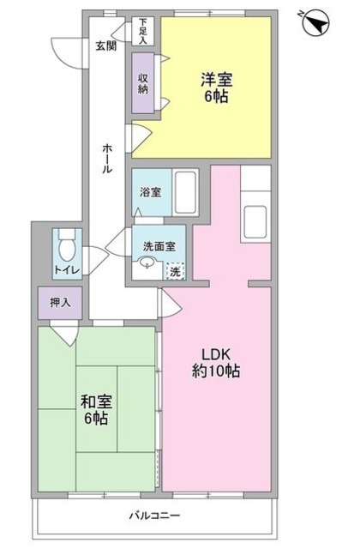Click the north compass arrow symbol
tap(316, 22)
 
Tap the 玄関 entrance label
tap(105, 45)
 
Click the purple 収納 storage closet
tap(144, 83)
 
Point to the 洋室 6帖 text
tap(216, 89)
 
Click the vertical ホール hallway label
tap(106, 158)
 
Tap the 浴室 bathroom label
tap(149, 192)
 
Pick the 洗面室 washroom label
tap(159, 245)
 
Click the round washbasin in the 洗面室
tap(147, 265)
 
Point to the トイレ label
tap(66, 271)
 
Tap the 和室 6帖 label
tap(94, 410)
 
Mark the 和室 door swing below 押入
tap(64, 333)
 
